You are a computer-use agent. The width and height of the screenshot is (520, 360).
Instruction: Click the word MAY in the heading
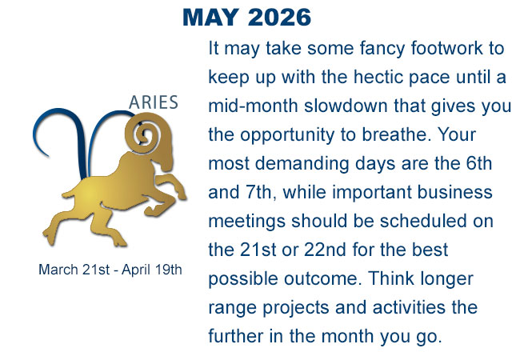pyautogui.click(x=210, y=18)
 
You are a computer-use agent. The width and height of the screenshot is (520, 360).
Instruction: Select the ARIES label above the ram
pyautogui.click(x=154, y=102)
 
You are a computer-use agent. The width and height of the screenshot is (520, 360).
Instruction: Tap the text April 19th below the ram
pyautogui.click(x=152, y=270)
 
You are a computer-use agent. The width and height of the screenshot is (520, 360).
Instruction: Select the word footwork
pyautogui.click(x=446, y=48)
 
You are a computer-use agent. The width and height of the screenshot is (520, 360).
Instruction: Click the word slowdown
pyautogui.click(x=346, y=106)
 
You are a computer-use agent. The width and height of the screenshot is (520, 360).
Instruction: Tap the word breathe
pyautogui.click(x=396, y=135)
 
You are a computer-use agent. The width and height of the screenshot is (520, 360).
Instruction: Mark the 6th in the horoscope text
pyautogui.click(x=479, y=163)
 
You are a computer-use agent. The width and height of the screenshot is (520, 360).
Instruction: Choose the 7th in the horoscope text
pyautogui.click(x=260, y=193)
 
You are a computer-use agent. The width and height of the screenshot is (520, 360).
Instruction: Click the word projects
pyautogui.click(x=295, y=308)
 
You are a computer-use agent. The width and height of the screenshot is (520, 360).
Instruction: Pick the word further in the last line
pyautogui.click(x=236, y=336)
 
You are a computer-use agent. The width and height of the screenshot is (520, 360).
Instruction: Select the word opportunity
pyautogui.click(x=287, y=135)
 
